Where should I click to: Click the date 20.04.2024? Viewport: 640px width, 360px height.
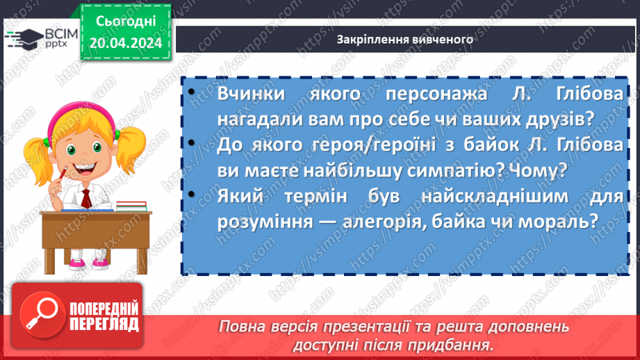pyautogui.click(x=125, y=44)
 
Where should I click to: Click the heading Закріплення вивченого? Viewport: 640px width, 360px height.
pyautogui.click(x=404, y=39)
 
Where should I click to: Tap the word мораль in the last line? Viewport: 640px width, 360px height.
pyautogui.click(x=557, y=220)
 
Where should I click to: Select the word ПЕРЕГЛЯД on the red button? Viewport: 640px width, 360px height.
pyautogui.click(x=104, y=323)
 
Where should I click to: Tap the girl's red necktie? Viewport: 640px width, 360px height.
pyautogui.click(x=85, y=197)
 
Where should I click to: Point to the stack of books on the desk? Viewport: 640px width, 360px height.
pyautogui.click(x=131, y=206)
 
